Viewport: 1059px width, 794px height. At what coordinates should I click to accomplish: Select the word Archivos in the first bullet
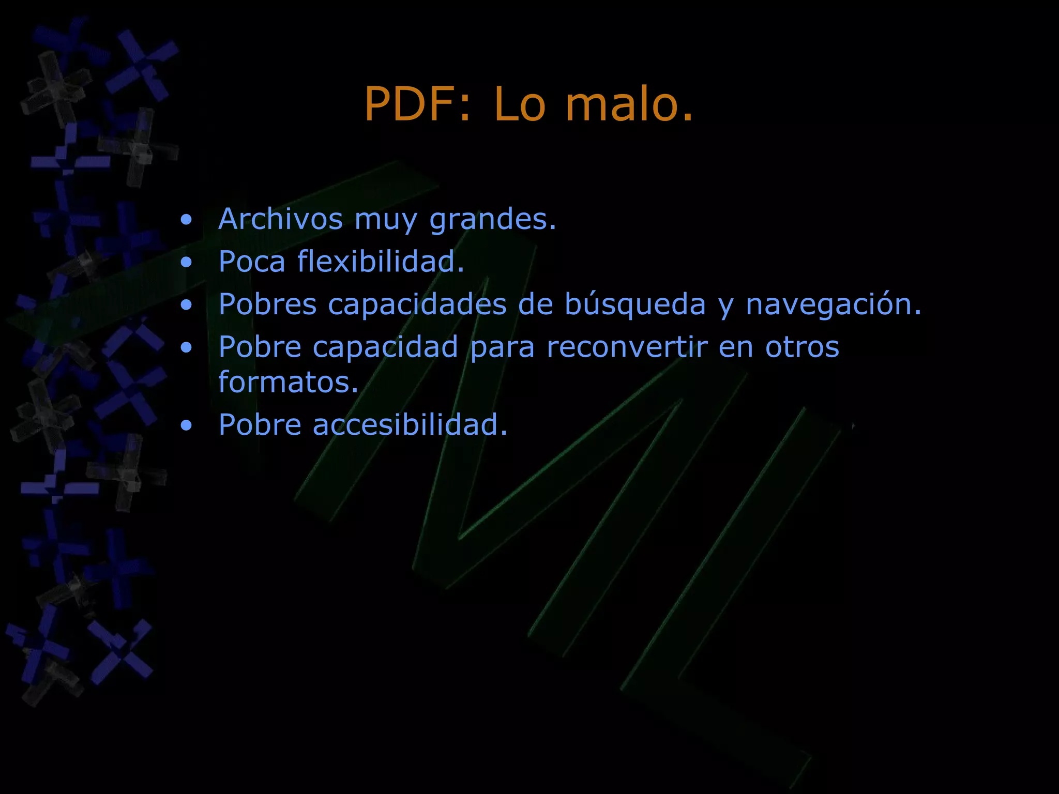coord(280,219)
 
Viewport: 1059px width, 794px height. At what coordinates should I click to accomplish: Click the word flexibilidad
coord(381,262)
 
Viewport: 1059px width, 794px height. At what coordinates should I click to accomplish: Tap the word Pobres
coord(267,304)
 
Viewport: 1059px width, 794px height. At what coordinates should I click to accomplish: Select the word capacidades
coord(417,305)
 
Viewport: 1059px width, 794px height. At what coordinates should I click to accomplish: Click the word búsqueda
coord(635,305)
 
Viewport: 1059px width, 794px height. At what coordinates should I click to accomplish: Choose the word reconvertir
coord(627,346)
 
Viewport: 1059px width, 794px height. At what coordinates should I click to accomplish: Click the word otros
coord(802,346)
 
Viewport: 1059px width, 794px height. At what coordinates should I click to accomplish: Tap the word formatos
coord(288,383)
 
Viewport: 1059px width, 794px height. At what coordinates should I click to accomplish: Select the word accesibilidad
coord(410,425)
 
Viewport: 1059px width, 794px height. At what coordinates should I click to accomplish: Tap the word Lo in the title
coord(519,104)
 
